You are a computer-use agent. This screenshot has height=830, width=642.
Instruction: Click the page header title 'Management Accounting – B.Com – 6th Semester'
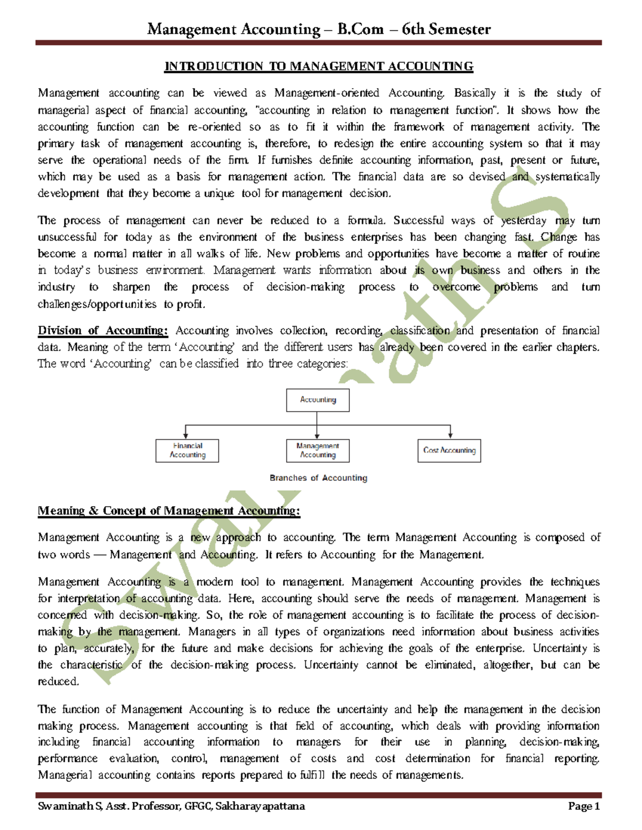click(x=319, y=29)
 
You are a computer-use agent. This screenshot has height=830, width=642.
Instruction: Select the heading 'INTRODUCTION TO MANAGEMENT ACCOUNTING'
click(x=319, y=66)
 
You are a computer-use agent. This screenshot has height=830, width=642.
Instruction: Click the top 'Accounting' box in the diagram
click(x=318, y=400)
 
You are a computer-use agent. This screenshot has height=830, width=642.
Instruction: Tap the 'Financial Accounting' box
click(x=187, y=451)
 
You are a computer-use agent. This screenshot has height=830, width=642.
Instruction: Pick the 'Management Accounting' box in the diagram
click(x=318, y=451)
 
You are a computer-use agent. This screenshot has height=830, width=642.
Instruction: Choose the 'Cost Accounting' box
click(x=449, y=451)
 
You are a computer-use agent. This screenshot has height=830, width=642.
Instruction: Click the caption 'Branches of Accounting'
click(x=318, y=478)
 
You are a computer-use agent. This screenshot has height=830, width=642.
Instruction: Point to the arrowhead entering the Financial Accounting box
click(x=186, y=435)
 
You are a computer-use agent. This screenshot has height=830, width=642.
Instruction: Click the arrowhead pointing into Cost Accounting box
click(x=450, y=435)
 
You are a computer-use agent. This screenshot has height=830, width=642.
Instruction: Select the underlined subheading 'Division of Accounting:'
click(x=103, y=331)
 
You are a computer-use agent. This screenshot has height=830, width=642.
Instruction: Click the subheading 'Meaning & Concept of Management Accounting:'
click(x=169, y=511)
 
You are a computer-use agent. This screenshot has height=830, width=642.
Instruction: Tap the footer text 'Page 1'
click(x=584, y=806)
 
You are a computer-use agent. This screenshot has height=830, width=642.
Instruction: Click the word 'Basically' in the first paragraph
click(x=475, y=93)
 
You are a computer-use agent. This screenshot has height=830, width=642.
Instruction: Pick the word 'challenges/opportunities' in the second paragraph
click(x=97, y=305)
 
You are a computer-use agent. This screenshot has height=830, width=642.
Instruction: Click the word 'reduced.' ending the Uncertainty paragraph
click(x=58, y=682)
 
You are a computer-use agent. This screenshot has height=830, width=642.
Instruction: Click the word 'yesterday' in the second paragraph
click(x=523, y=221)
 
